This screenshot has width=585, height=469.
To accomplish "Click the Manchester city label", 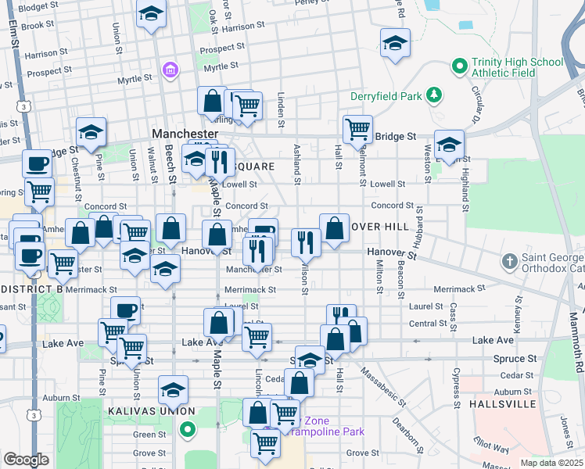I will click(x=185, y=134).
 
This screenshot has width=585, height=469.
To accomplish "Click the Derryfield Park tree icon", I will click(x=434, y=96).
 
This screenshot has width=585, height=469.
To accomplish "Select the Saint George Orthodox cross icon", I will click(x=509, y=260).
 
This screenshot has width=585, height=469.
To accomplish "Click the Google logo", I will click(x=25, y=460).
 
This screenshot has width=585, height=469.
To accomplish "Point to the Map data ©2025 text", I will click(x=551, y=462).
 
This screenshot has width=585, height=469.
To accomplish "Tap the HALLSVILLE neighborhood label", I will click(x=503, y=405).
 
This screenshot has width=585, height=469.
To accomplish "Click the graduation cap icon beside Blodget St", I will click(x=151, y=13).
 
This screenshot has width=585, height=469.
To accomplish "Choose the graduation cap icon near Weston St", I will click(x=449, y=144).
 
